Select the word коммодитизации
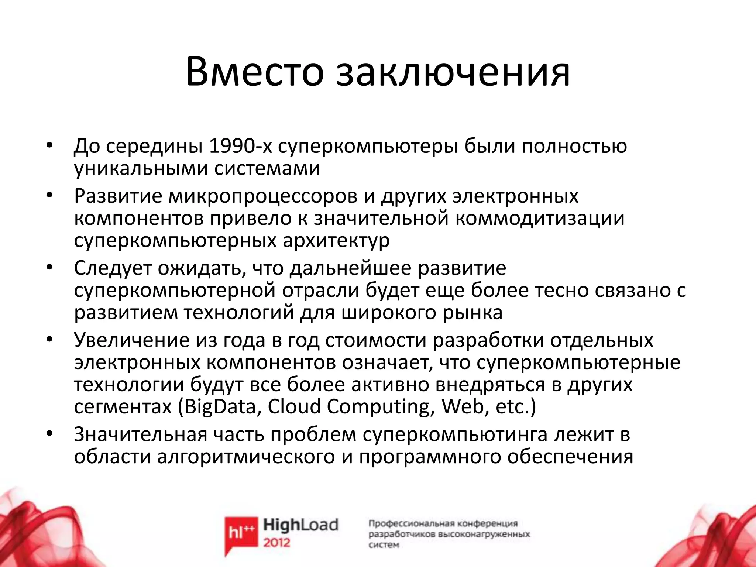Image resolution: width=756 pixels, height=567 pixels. [539, 218]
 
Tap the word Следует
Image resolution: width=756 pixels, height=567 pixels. [113, 268]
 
